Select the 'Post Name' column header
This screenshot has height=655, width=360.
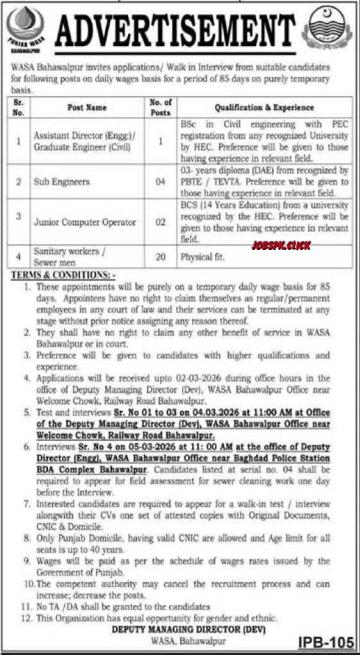pyautogui.click(x=87, y=108)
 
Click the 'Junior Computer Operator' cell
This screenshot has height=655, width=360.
pyautogui.click(x=85, y=222)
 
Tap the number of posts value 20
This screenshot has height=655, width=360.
pyautogui.click(x=161, y=258)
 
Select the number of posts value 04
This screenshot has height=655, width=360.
pyautogui.click(x=161, y=182)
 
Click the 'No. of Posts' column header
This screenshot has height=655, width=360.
pyautogui.click(x=161, y=108)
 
